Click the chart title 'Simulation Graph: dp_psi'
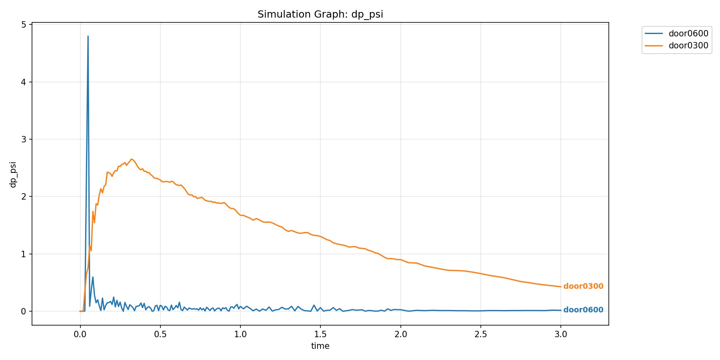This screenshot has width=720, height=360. (x=320, y=14)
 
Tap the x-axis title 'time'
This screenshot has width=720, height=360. (x=320, y=346)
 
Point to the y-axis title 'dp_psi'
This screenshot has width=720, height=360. (x=13, y=174)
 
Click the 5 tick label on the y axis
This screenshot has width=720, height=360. (x=24, y=25)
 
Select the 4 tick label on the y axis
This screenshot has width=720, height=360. (x=24, y=82)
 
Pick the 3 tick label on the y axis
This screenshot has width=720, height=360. (x=24, y=139)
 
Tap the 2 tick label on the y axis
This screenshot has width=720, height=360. (x=24, y=197)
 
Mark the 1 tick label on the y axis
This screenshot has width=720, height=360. (x=24, y=254)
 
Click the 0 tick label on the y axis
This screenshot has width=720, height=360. (x=24, y=311)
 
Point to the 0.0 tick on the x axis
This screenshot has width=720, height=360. (x=80, y=334)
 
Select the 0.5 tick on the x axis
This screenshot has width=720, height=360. (x=160, y=334)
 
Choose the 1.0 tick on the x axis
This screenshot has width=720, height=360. (x=240, y=334)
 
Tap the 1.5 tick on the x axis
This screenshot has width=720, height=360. (x=320, y=334)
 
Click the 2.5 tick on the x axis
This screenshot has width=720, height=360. (x=481, y=334)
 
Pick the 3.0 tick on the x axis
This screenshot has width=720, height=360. (x=561, y=334)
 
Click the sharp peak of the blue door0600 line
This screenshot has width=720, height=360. (x=88, y=36)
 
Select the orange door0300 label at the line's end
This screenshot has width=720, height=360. (x=583, y=286)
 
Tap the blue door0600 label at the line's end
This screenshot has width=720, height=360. (x=583, y=310)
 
